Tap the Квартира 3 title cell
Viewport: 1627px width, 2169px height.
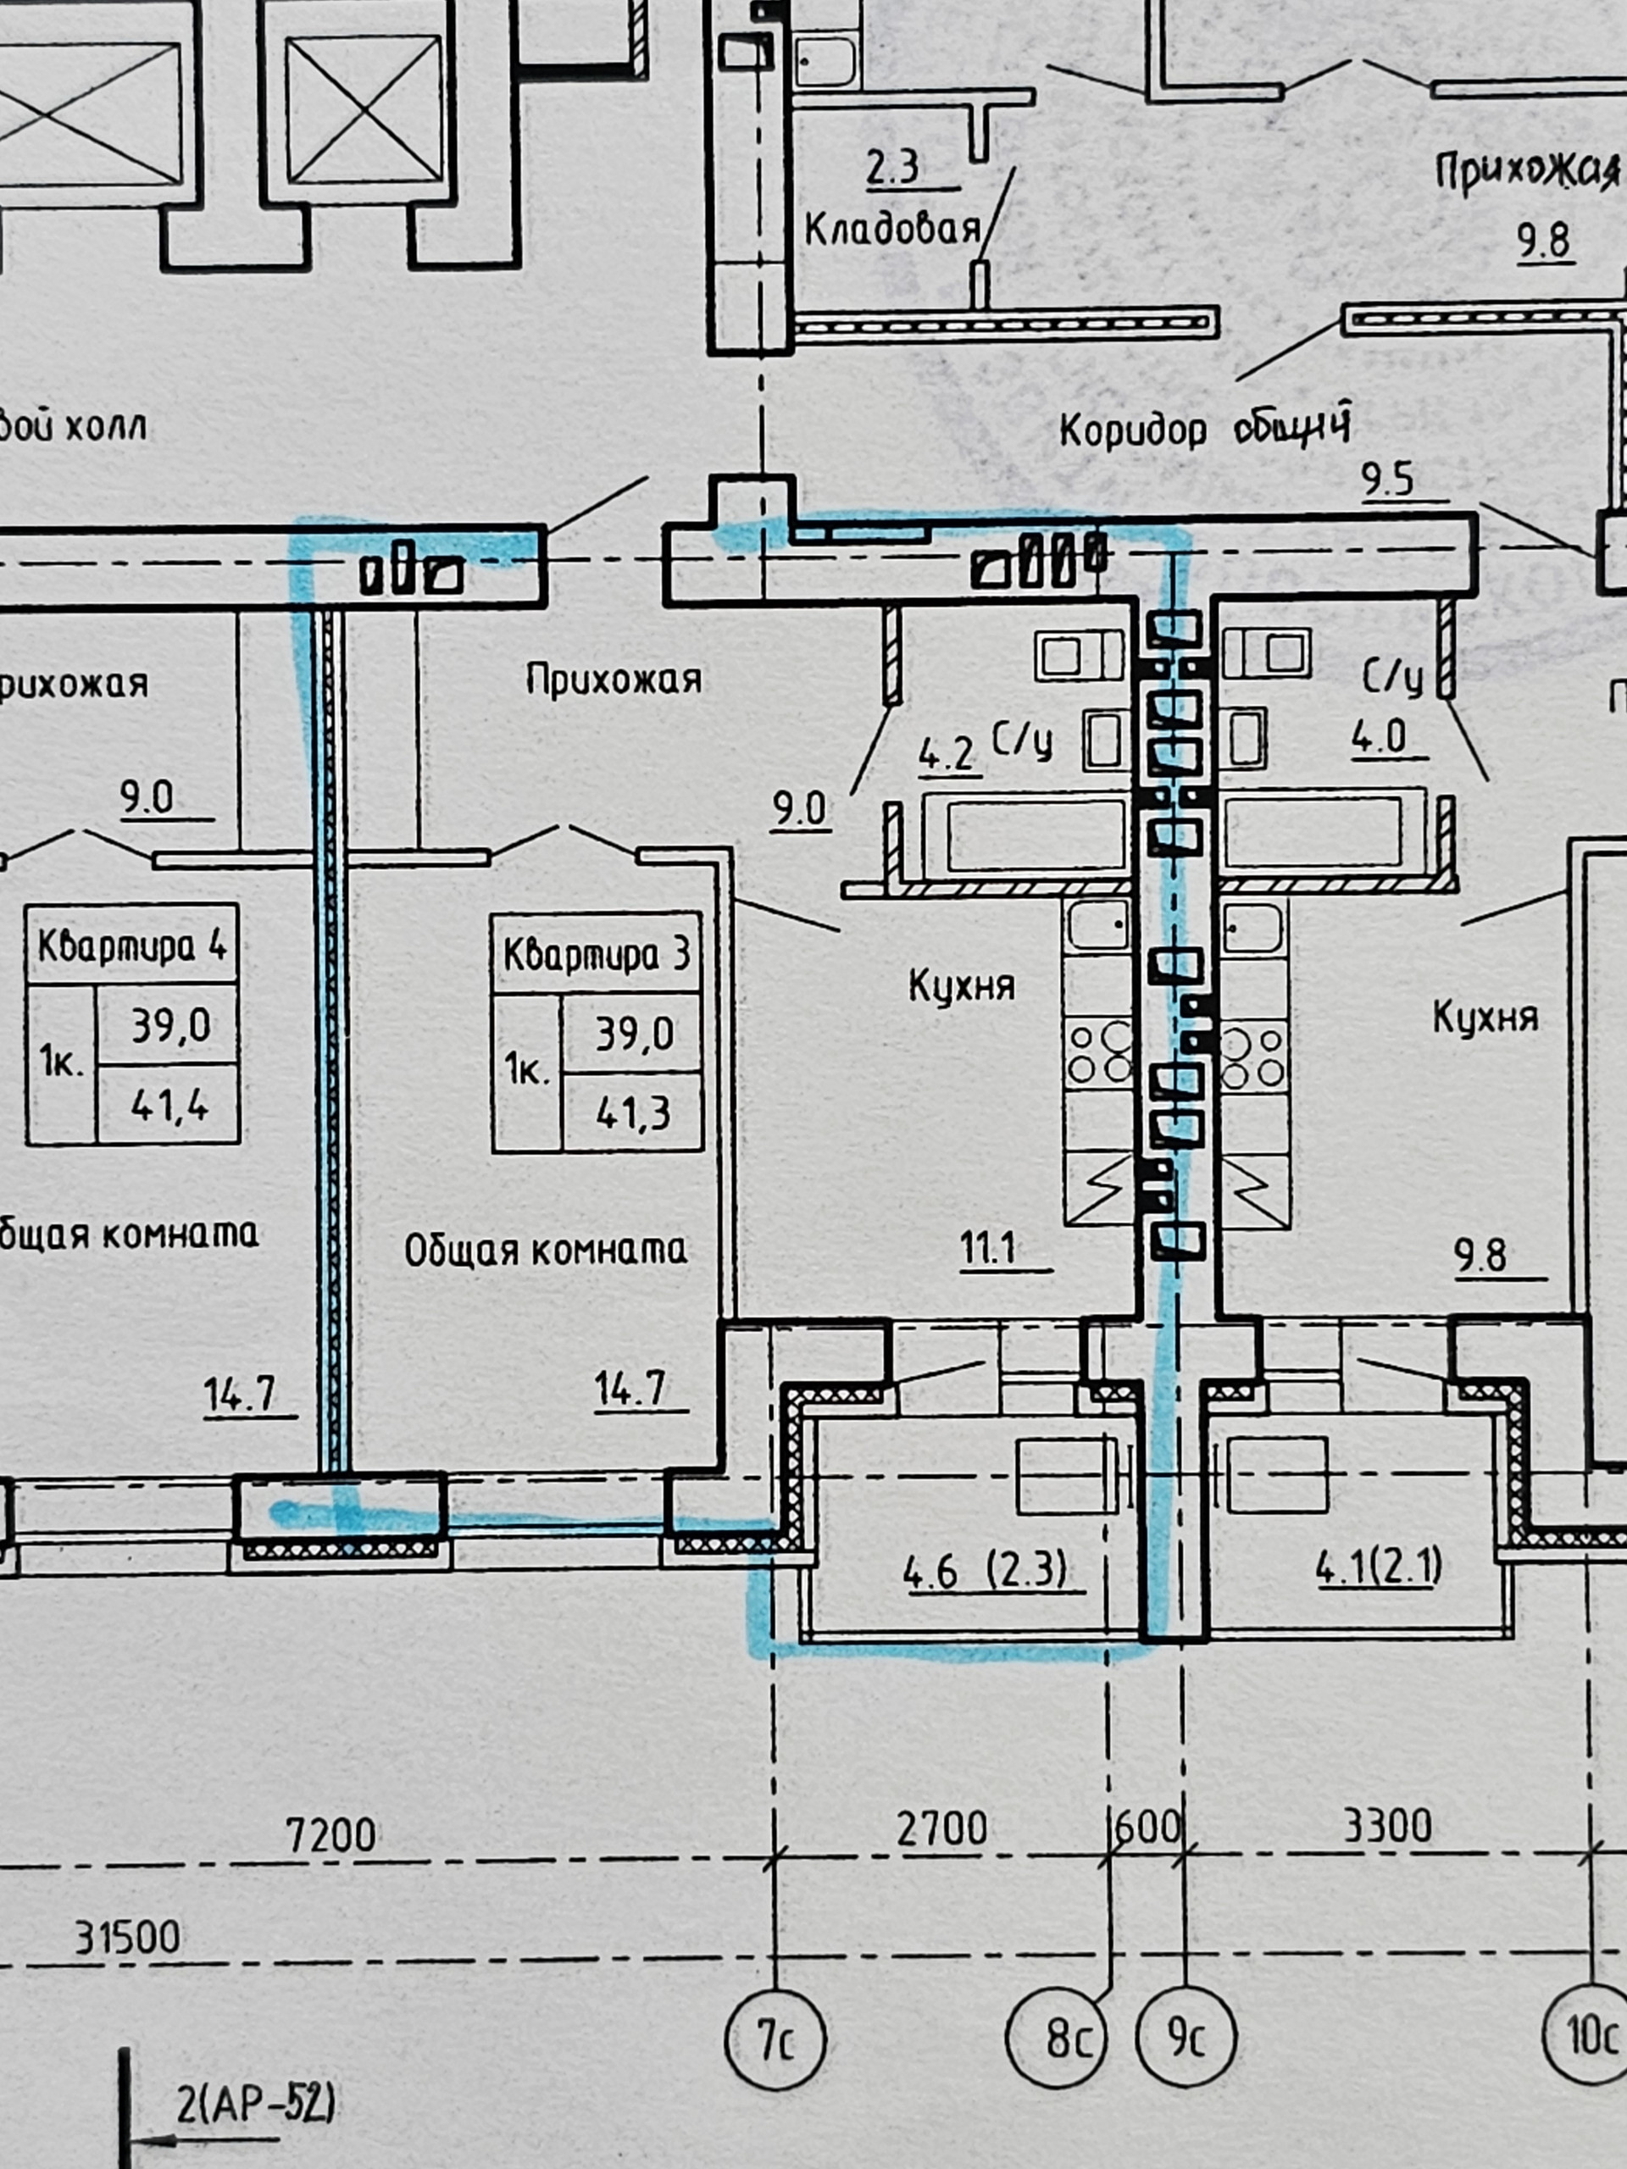(x=597, y=954)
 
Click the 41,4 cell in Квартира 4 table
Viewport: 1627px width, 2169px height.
(x=169, y=1106)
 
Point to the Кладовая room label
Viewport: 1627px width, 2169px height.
(x=892, y=230)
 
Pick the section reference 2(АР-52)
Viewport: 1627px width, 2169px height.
(x=255, y=2105)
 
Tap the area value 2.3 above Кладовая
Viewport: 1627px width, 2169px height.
(x=892, y=167)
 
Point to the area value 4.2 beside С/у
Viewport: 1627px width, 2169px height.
(x=947, y=755)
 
